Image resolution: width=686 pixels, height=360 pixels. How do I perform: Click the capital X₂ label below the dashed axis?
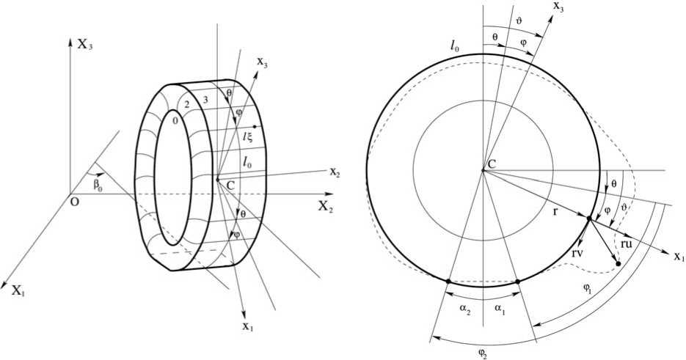click(326, 207)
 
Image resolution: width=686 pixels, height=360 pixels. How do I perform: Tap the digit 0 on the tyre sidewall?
click(175, 122)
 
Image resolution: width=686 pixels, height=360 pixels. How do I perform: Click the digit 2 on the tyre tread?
click(186, 104)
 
